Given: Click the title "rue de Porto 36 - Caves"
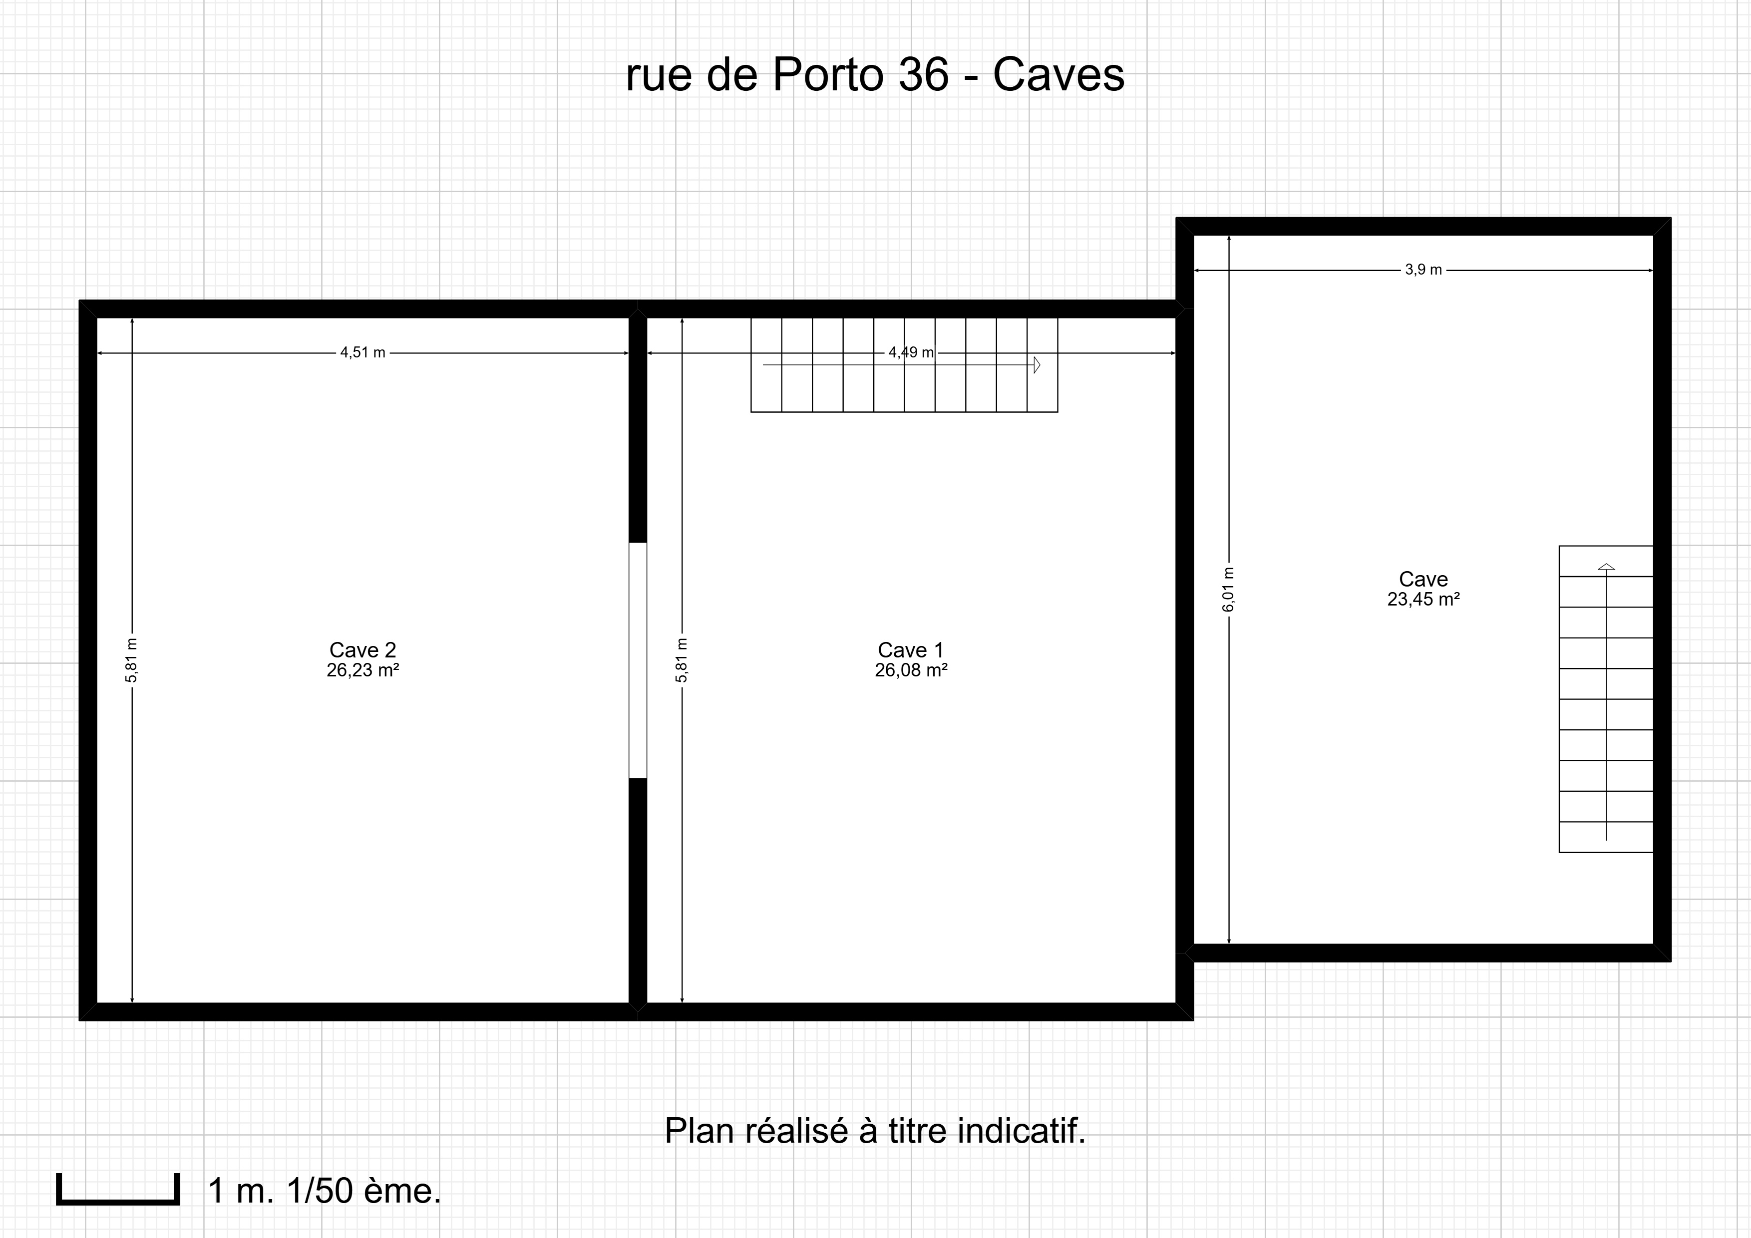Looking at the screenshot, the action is (875, 75).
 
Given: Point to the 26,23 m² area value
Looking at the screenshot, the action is (363, 670).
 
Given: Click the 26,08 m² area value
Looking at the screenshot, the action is (911, 670).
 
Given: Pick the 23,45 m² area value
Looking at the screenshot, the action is (1423, 599).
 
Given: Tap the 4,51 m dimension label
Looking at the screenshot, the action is (363, 352).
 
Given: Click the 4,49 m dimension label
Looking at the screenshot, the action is (911, 352).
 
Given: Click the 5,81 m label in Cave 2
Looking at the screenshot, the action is (131, 660).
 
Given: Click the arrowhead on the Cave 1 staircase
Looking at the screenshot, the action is (1037, 364).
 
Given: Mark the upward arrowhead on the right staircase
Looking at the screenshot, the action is (1606, 567).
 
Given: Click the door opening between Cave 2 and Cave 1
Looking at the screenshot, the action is (638, 660).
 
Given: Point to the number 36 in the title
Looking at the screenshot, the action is (924, 75).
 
